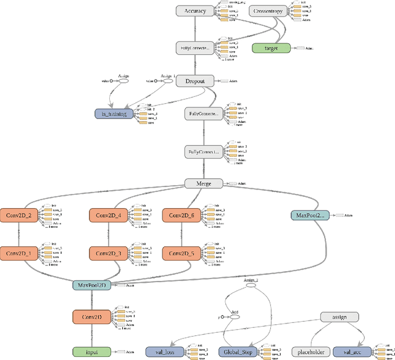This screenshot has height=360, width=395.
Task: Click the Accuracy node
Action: tap(195, 11)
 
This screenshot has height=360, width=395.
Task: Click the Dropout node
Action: tap(195, 81)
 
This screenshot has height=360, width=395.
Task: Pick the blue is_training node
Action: tap(114, 114)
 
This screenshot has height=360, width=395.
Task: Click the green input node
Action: tap(92, 352)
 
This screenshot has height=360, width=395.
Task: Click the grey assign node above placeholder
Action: tap(339, 317)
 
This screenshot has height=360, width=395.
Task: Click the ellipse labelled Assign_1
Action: tap(167, 81)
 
